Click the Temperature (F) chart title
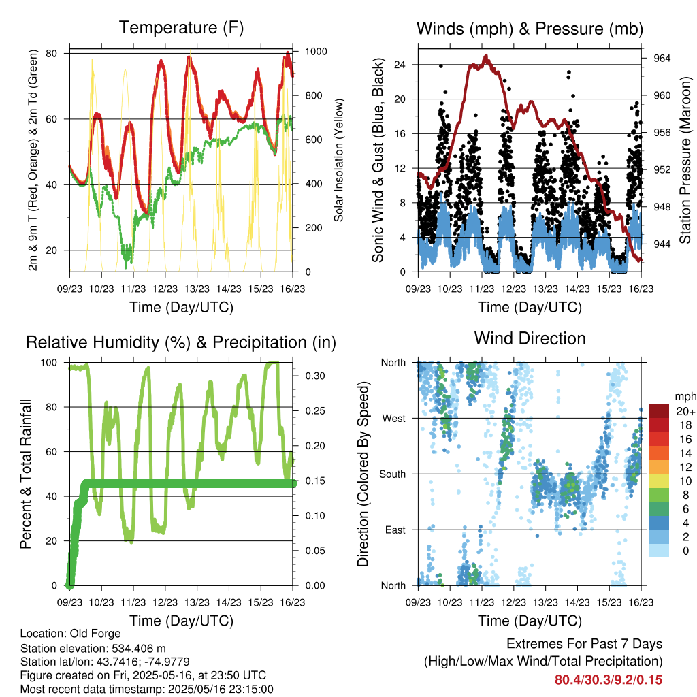[x=181, y=27]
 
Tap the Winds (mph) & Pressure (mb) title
[x=530, y=29]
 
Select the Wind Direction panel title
[x=530, y=338]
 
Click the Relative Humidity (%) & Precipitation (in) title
[x=181, y=342]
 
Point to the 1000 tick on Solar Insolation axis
[x=316, y=52]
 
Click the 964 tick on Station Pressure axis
[x=662, y=59]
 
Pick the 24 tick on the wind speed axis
[x=400, y=65]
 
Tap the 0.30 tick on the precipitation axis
[x=315, y=376]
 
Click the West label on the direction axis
[x=394, y=419]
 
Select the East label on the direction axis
[x=395, y=530]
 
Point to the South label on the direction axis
[x=393, y=474]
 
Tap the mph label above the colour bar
[x=685, y=397]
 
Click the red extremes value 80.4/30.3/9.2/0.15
[x=609, y=680]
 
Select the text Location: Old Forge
[x=70, y=634]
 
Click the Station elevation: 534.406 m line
[x=93, y=648]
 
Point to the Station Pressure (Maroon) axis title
[x=685, y=160]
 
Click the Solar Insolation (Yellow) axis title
[x=339, y=160]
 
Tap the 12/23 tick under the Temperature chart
[x=165, y=289]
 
